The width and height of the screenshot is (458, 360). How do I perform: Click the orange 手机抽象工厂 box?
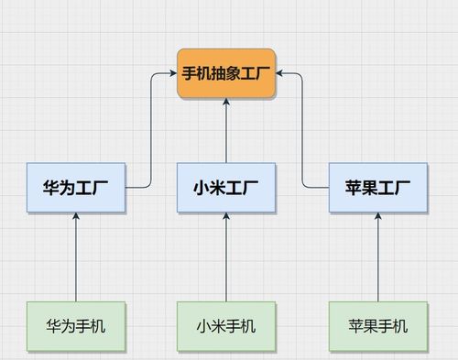[226, 73]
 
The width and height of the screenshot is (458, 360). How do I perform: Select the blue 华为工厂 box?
[76, 188]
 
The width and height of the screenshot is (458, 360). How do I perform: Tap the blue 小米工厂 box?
[226, 188]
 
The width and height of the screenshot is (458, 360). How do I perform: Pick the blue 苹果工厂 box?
[378, 188]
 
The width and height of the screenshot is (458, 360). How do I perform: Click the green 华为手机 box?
[76, 326]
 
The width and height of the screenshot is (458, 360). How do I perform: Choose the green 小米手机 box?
[226, 326]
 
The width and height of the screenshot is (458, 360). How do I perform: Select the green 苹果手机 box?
[378, 326]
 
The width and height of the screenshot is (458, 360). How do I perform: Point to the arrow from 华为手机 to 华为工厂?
[76, 261]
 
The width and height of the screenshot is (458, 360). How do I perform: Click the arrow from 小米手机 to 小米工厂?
[226, 261]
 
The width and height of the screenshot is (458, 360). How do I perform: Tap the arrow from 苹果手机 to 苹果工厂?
[378, 261]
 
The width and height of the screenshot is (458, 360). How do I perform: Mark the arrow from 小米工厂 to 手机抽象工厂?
[226, 133]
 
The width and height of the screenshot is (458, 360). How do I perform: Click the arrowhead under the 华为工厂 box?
[76, 218]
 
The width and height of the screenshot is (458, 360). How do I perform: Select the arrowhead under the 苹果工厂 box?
[378, 218]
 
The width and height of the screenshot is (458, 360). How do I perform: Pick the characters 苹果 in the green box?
[363, 326]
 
